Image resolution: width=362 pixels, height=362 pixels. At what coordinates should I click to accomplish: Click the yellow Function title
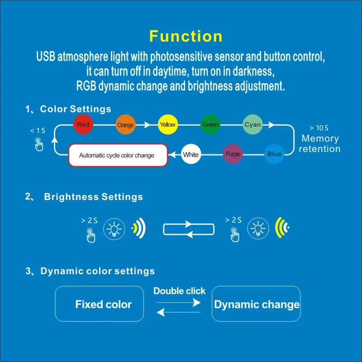(186, 36)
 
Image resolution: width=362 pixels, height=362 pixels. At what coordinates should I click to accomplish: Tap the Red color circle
(83, 124)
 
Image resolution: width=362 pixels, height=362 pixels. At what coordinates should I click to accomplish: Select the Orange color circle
(125, 125)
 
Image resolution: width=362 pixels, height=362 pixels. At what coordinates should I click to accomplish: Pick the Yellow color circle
(167, 124)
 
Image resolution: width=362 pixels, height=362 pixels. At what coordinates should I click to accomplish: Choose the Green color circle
(210, 125)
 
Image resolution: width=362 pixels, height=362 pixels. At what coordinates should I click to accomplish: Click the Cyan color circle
(252, 125)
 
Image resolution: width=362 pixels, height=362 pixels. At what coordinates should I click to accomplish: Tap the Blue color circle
(274, 154)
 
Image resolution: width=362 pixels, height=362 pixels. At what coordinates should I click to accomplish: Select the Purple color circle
(233, 154)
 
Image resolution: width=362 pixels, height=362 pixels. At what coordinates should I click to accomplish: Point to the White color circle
(191, 155)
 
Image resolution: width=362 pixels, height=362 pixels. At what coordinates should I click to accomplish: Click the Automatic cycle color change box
(118, 155)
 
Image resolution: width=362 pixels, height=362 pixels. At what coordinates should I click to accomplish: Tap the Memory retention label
(320, 144)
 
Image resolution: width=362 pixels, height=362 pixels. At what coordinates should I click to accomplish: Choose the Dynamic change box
(257, 304)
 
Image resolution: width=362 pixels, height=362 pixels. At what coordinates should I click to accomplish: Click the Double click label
(179, 291)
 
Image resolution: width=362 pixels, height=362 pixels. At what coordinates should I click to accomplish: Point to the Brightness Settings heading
(93, 197)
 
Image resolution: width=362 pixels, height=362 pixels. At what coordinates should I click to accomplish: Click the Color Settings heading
(76, 109)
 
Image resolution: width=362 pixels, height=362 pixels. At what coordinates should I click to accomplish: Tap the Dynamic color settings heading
(97, 271)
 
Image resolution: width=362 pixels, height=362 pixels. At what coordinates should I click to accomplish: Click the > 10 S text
(319, 129)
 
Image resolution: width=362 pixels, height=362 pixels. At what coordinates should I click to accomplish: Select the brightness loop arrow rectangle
(187, 229)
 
